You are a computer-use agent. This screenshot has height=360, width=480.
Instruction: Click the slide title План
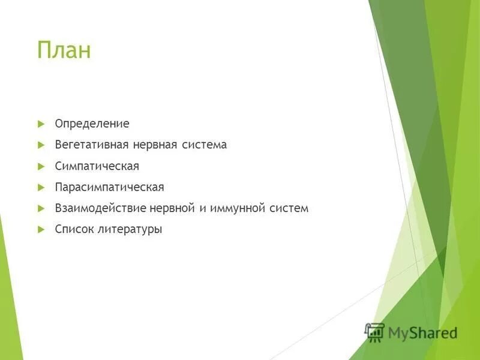click(x=64, y=50)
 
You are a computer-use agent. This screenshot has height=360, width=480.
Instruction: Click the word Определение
click(x=92, y=124)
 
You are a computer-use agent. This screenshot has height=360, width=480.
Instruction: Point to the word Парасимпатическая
click(x=109, y=187)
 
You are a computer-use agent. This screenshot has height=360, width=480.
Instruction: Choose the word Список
click(x=74, y=229)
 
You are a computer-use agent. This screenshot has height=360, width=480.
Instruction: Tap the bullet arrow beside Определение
click(x=41, y=124)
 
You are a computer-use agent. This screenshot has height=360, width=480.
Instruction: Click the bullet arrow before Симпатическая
click(x=41, y=166)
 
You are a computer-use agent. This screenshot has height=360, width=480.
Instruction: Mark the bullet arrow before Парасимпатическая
click(x=41, y=187)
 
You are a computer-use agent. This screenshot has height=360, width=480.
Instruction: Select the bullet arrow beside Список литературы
click(x=41, y=229)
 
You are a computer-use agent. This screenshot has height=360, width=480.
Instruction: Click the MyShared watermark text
click(x=422, y=332)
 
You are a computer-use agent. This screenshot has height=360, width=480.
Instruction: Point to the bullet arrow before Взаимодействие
click(x=41, y=208)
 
